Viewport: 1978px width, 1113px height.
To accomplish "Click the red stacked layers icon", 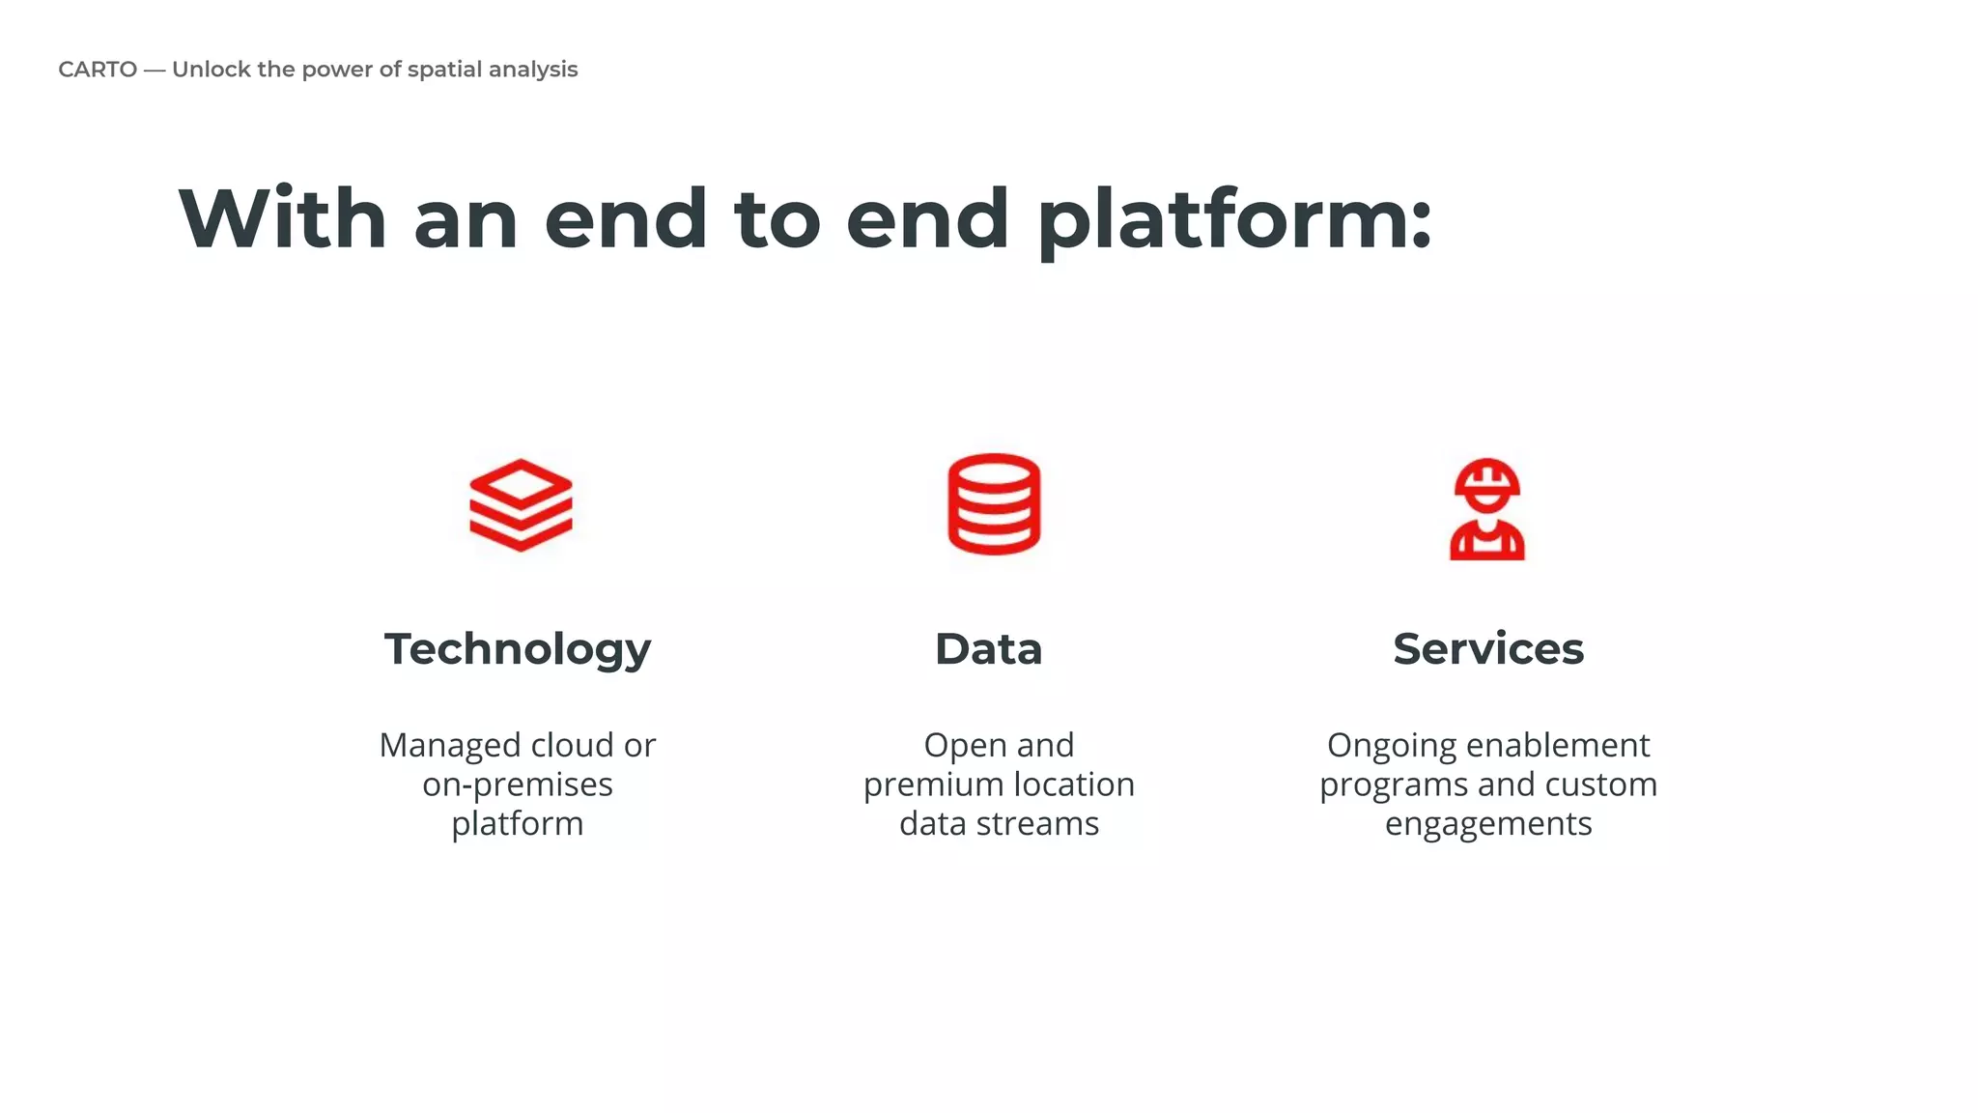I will tap(521, 504).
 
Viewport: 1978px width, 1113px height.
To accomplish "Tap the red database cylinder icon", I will tap(994, 503).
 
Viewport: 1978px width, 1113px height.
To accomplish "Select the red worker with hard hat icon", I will tap(1487, 509).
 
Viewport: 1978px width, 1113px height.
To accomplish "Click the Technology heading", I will tap(518, 649).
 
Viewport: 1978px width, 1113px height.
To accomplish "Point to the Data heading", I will tap(988, 649).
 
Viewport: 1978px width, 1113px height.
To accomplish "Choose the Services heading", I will tap(1488, 649).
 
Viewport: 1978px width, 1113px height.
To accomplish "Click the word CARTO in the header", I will tap(98, 70).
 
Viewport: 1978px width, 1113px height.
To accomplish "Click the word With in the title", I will tap(283, 219).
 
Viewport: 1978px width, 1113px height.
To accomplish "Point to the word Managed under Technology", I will tap(449, 746).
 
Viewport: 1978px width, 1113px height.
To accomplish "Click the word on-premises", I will tap(518, 785).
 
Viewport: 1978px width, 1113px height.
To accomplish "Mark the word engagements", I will tap(1488, 825).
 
